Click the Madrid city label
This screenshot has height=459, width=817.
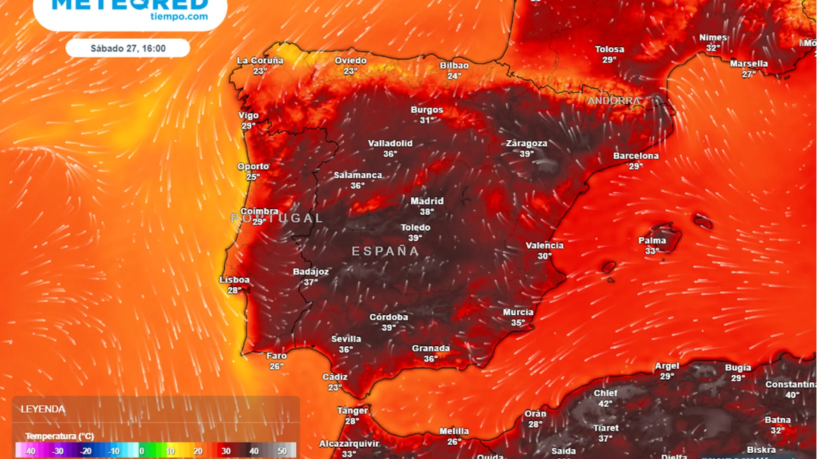(427, 201)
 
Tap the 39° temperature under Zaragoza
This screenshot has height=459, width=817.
(526, 154)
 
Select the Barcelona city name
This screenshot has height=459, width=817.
(636, 156)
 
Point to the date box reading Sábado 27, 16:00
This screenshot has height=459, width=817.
(128, 48)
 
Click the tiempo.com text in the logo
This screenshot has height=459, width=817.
(179, 17)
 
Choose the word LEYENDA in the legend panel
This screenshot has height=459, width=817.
(43, 409)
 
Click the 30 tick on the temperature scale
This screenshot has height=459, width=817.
(226, 451)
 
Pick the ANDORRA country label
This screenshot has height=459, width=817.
(614, 101)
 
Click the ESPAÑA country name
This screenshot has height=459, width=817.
(386, 251)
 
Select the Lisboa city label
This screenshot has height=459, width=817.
(234, 280)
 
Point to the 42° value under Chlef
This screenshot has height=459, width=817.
(605, 404)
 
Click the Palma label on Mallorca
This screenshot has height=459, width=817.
(652, 241)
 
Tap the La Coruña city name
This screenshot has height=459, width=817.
(260, 60)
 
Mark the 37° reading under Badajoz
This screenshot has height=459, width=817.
(311, 282)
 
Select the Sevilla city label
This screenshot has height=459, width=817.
(346, 339)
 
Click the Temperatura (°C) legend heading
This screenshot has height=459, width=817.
(60, 436)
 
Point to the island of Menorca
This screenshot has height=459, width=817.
(703, 221)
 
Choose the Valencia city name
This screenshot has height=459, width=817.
(544, 245)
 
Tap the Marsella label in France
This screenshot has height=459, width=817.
(748, 64)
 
